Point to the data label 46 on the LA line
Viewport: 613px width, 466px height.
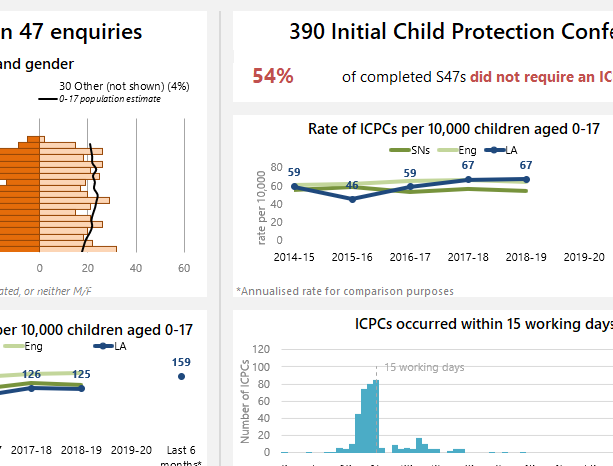coord(352,185)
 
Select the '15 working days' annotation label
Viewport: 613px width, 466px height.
coord(424,368)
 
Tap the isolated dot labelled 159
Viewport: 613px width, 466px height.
coord(181,376)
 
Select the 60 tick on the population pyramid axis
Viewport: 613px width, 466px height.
coord(184,268)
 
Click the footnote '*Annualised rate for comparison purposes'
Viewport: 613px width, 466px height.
coord(345,291)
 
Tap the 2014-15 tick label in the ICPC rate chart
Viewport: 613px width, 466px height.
coord(294,257)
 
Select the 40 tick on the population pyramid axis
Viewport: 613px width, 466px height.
coord(136,268)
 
